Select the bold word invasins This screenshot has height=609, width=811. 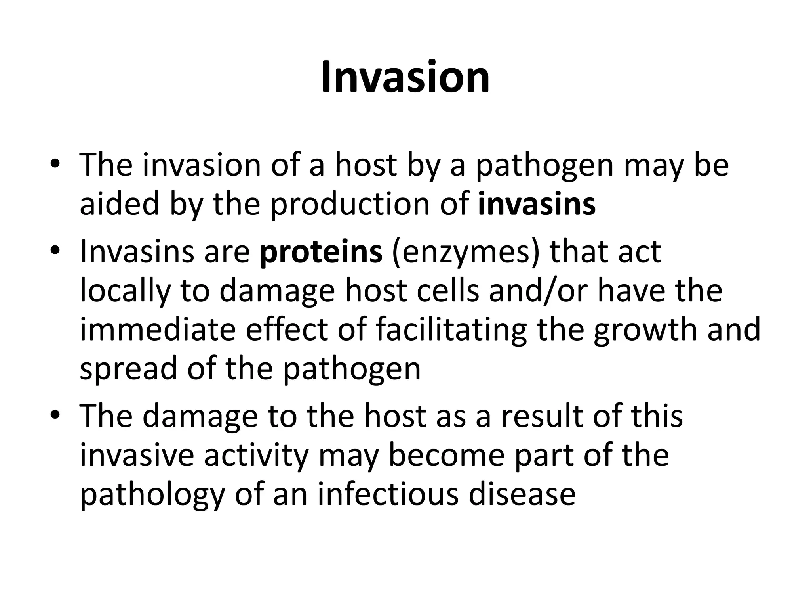537,204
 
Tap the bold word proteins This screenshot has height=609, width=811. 321,251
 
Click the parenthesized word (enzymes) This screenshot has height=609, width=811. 465,252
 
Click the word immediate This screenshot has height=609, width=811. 158,329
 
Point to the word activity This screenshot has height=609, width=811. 256,456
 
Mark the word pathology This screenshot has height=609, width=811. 152,495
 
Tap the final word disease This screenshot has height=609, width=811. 522,494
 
